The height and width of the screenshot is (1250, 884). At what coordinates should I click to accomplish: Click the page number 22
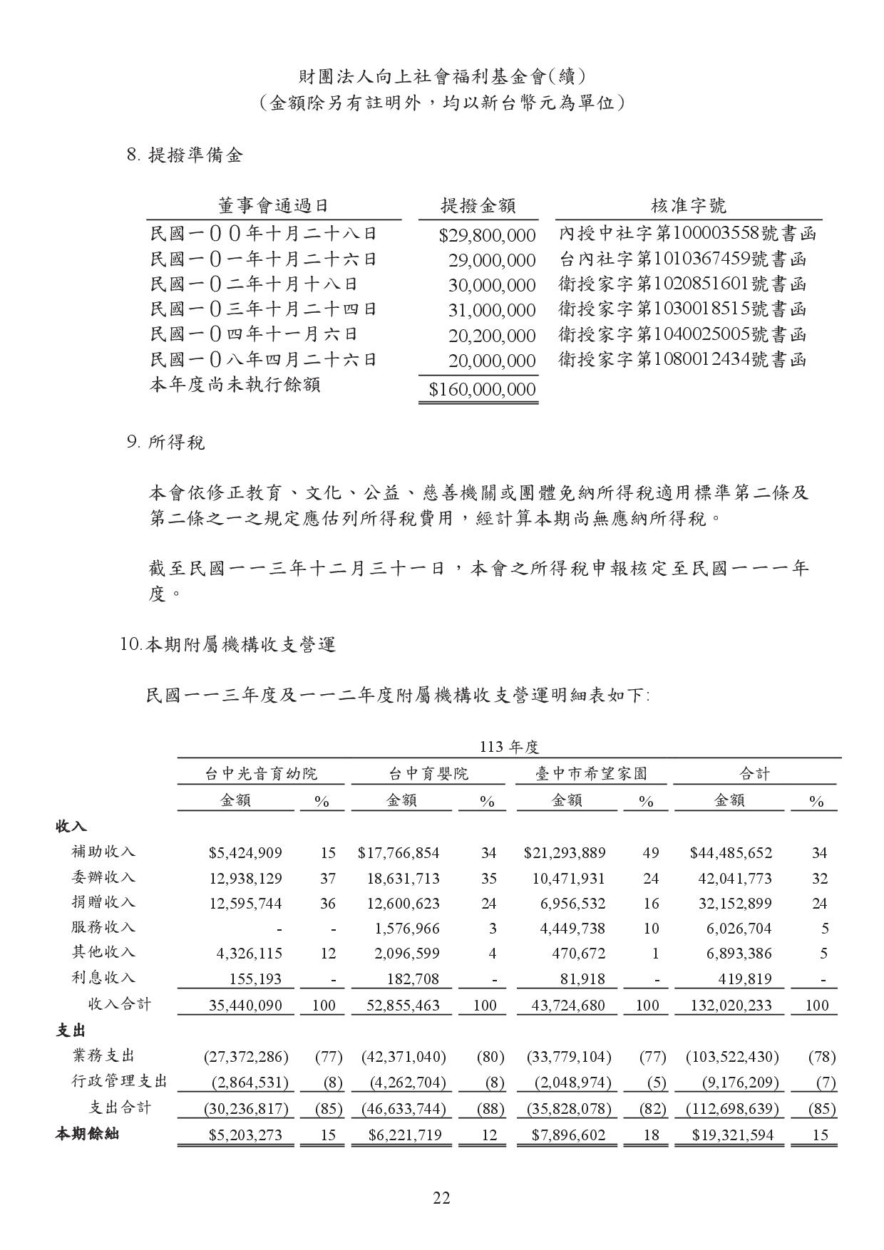441,1198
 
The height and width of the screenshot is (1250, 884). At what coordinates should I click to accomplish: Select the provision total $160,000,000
482,389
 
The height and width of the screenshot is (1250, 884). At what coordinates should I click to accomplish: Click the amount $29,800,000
487,235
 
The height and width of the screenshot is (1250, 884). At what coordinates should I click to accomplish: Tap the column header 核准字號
688,207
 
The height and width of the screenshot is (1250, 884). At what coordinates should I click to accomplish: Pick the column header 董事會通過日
273,207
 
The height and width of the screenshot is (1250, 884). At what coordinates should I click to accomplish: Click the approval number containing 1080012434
682,359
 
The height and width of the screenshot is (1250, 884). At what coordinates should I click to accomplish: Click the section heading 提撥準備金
195,155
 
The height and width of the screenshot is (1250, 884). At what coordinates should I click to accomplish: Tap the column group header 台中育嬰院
428,773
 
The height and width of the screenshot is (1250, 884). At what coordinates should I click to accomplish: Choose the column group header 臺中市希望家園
591,773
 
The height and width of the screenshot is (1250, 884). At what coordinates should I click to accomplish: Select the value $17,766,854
399,853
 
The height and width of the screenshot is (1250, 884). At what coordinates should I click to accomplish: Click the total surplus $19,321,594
732,1135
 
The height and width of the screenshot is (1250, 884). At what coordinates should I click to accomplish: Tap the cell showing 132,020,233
731,1006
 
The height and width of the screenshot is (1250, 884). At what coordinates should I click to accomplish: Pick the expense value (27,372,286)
246,1056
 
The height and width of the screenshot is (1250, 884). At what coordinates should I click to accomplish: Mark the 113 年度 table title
509,747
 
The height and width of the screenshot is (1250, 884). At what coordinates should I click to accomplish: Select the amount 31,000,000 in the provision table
492,310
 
